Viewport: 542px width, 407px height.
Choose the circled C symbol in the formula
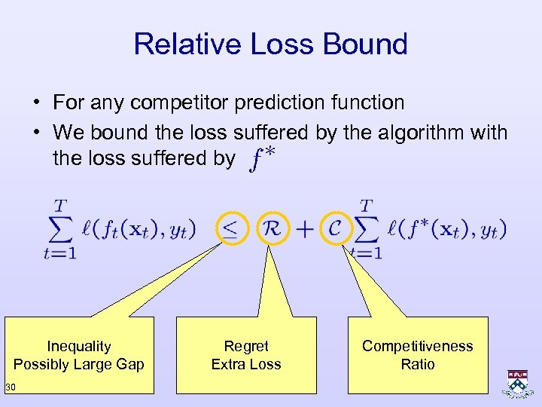[x=335, y=228]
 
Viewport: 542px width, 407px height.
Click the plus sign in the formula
[x=304, y=228]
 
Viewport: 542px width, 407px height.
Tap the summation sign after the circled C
[x=367, y=228]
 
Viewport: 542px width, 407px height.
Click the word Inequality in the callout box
[x=79, y=347]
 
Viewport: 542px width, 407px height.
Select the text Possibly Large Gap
[x=79, y=365]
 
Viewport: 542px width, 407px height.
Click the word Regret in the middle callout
[x=246, y=347]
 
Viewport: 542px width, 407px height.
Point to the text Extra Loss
[x=246, y=365]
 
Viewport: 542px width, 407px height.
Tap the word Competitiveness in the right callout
[x=418, y=347]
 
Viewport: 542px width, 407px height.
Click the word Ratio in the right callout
[x=418, y=365]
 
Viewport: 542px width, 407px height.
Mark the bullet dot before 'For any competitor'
[x=36, y=103]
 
